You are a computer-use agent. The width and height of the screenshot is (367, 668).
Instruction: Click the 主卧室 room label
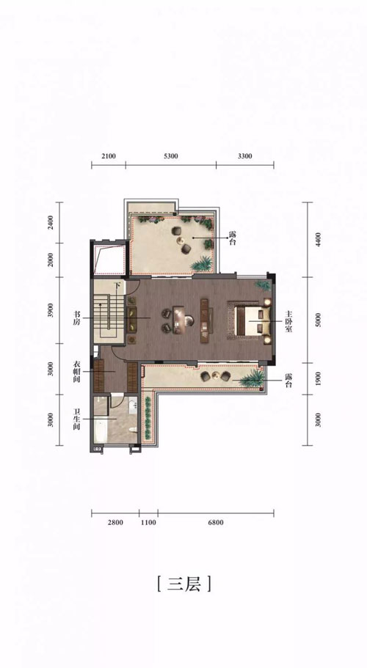(289, 322)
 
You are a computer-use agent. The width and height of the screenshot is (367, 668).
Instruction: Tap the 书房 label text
(75, 318)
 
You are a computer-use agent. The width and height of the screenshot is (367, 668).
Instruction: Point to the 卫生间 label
(77, 419)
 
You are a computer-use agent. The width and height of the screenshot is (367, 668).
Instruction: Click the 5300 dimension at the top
(170, 156)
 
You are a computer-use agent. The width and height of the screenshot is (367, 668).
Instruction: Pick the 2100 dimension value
(109, 156)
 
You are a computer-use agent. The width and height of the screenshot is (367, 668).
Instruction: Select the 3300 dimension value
(244, 156)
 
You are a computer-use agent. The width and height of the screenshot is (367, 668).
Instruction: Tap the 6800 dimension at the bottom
(216, 522)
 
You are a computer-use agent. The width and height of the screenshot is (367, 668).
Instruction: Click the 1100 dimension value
(149, 522)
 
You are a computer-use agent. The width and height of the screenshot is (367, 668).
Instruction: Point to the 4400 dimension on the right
(318, 240)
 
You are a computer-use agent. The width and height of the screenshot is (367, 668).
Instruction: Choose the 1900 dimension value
(318, 378)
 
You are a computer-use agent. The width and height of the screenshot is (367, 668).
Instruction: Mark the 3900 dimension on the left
(51, 311)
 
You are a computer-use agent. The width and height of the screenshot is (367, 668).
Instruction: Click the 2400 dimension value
(51, 223)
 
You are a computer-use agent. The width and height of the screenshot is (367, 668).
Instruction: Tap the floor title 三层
(183, 584)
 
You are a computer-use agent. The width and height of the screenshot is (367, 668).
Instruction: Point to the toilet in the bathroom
(134, 429)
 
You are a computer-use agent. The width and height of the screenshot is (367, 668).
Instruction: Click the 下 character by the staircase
(117, 286)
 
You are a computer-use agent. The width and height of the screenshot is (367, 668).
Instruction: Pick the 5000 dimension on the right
(318, 320)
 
